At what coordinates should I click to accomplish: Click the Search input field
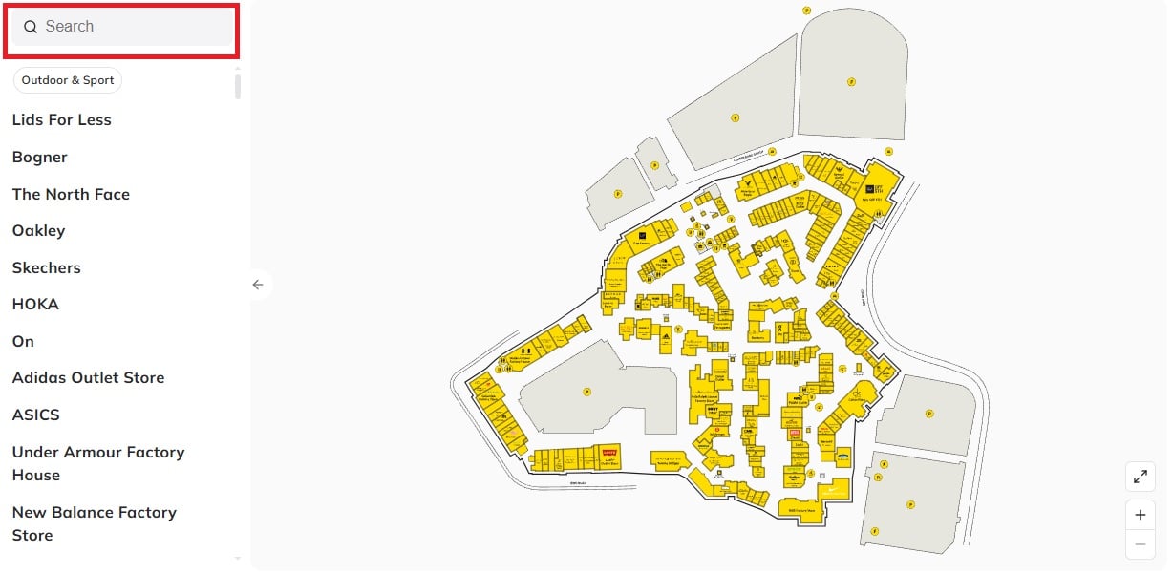pos(134,27)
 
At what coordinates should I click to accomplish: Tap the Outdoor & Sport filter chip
pos(68,80)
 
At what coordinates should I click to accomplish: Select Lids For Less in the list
pos(62,119)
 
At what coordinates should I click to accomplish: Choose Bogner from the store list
pos(40,157)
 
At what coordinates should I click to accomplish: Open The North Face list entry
pos(71,194)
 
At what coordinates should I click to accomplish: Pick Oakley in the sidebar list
pos(39,230)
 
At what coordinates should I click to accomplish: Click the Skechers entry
pos(47,267)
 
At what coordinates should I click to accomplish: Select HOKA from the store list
pos(35,304)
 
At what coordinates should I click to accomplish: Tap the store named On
pos(23,341)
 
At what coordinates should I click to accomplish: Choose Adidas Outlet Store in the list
pos(88,377)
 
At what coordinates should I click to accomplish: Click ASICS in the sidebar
pos(36,415)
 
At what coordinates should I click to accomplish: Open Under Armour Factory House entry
pos(97,463)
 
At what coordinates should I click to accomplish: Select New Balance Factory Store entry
pos(94,523)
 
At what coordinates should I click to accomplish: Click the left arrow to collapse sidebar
pos(257,285)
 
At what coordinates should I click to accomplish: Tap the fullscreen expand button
pos(1140,477)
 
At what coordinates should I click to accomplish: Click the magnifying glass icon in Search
pos(31,27)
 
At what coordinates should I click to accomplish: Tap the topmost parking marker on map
pos(806,11)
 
